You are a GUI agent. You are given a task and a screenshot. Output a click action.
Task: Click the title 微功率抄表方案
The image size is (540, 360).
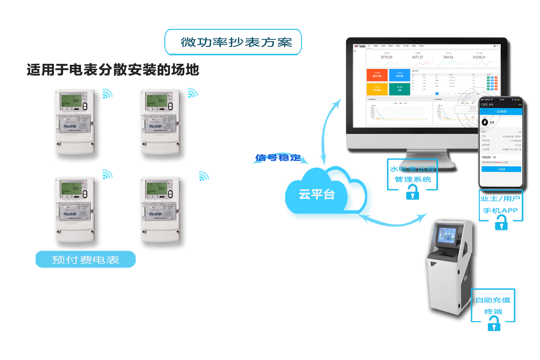pos(236,42)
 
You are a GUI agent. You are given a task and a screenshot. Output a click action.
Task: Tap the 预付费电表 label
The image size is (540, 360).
pos(85,260)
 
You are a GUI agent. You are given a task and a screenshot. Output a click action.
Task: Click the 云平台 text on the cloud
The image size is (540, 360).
pos(317,195)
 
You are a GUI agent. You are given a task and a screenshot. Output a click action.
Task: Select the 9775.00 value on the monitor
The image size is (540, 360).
pos(386,57)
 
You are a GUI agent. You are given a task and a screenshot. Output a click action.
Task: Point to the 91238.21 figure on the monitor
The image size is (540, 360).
pos(479,57)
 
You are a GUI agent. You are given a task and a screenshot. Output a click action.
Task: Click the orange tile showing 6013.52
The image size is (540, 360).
pos(377,75)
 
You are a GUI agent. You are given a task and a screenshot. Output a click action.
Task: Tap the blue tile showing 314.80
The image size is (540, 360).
pos(400,75)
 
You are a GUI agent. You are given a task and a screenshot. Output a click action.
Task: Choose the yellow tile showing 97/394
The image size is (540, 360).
pos(377,89)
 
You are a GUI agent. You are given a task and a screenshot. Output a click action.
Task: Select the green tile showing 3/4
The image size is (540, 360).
pos(400,89)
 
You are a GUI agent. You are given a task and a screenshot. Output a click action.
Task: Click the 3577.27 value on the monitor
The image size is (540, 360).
pos(418,57)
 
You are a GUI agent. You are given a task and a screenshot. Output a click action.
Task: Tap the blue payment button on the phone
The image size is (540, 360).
pos(501,169)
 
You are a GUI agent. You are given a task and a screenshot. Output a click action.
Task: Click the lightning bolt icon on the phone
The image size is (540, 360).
pos(485,122)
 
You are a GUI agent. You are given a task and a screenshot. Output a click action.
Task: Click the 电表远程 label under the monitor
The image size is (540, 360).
pos(417,169)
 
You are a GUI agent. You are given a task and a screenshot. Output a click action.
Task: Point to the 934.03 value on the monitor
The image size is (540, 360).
pos(448,57)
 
